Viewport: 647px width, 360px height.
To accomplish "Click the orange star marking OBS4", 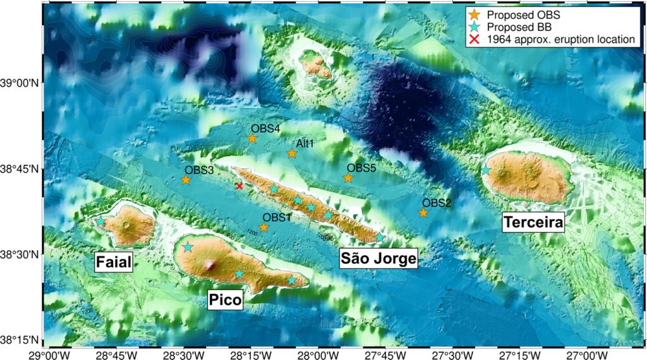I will pos(252,138).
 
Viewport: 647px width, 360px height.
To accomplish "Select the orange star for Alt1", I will pos(292,153).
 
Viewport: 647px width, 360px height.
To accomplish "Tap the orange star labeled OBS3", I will pos(186,180).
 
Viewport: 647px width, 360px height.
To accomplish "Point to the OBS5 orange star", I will pos(348,178).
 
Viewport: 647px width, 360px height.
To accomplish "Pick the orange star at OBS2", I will pos(423,213).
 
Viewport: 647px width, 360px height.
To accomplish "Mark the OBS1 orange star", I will pos(264,227).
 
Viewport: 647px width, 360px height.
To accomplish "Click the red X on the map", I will pos(239,186).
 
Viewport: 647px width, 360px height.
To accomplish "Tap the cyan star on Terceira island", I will pos(486,170).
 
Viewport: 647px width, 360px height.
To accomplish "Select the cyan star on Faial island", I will pos(101,221).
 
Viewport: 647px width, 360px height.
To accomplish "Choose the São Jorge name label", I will pos(378,258).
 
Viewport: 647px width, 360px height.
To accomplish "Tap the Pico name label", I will pos(225,300).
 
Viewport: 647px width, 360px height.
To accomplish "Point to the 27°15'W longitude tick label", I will pos(518,354).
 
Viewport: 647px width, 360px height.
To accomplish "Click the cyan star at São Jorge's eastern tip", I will pos(380,237).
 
